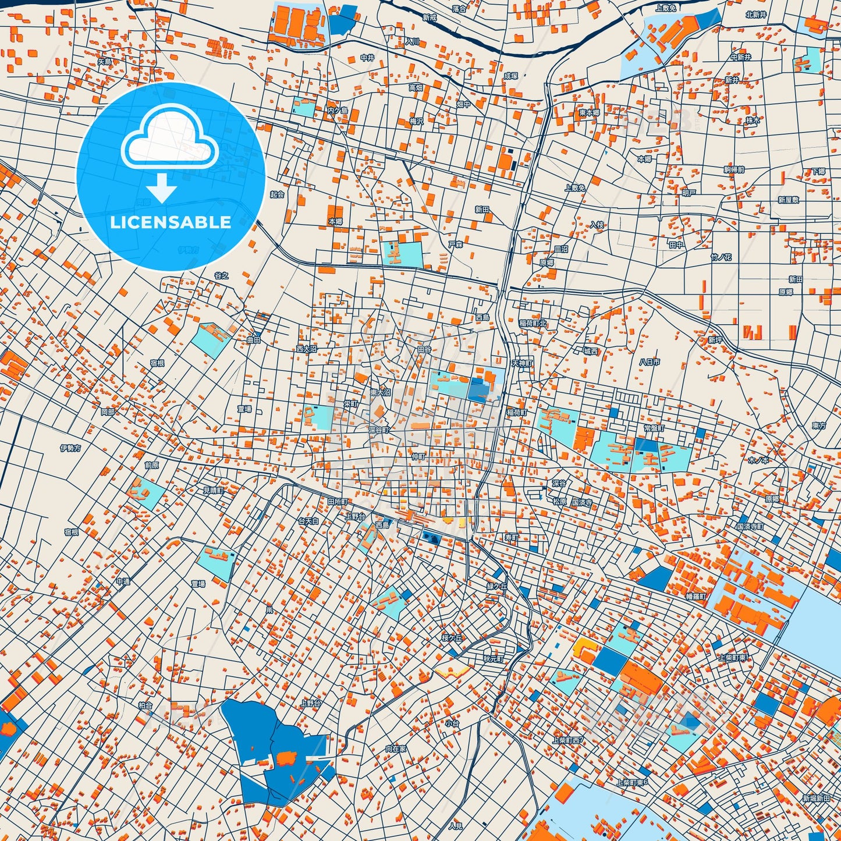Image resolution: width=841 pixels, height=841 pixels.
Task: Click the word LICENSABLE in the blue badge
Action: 171,222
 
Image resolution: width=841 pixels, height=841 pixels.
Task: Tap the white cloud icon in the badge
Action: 169,140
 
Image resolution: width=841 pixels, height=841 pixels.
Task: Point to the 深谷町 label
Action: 378,430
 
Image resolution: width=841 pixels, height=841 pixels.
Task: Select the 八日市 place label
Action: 650,362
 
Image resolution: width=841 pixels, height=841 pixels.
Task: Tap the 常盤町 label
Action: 654,428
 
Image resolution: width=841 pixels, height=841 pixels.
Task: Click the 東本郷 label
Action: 589,112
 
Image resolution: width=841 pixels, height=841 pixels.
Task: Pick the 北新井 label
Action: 756,15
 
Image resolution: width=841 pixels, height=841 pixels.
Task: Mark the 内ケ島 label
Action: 337,111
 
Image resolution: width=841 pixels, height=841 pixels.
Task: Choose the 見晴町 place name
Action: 212,490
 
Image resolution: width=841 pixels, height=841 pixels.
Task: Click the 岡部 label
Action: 108,411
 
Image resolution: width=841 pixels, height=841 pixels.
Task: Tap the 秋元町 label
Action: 493,659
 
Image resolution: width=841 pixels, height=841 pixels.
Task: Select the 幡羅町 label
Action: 695,597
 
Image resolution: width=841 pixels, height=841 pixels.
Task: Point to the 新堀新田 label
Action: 816,799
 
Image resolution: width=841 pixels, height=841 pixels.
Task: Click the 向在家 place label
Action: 396,749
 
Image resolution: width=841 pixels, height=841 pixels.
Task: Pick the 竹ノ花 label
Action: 721,257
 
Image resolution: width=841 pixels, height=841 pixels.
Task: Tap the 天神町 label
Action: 522,363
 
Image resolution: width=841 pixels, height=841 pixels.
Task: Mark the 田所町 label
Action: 337,501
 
